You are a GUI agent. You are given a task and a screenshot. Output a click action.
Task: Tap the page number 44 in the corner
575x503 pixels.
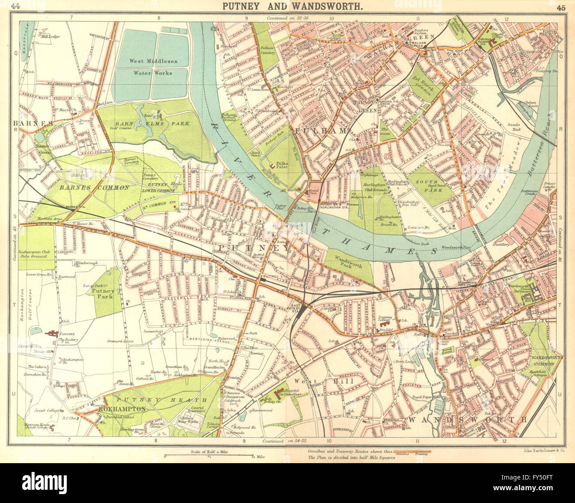[x=16, y=6]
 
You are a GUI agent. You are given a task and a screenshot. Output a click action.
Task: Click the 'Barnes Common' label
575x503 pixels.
[x=94, y=187]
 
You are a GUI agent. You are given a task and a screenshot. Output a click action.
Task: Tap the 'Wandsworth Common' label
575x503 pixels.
[x=542, y=360]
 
